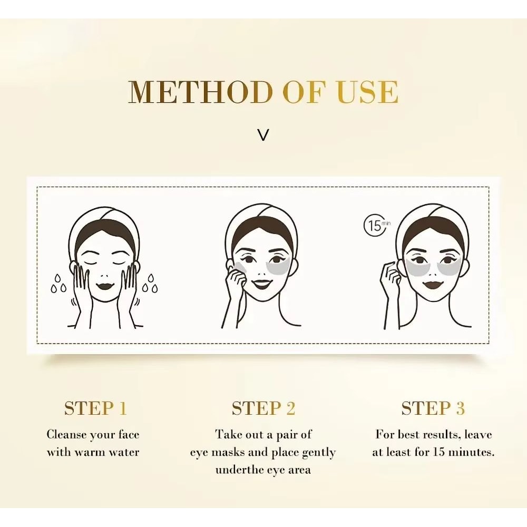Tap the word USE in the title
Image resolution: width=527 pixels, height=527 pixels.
[x=367, y=92]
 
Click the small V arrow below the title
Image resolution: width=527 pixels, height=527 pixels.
[x=263, y=135]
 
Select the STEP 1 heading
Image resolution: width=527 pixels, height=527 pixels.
[x=95, y=408]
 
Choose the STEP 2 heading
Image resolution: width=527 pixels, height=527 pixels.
[x=263, y=408]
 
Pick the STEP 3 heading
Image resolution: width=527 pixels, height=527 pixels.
[x=433, y=408]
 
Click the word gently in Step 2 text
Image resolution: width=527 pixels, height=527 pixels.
[x=317, y=452]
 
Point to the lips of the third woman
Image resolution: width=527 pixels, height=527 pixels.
[x=433, y=286]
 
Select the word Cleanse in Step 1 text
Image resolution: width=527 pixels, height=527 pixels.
[x=66, y=435]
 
